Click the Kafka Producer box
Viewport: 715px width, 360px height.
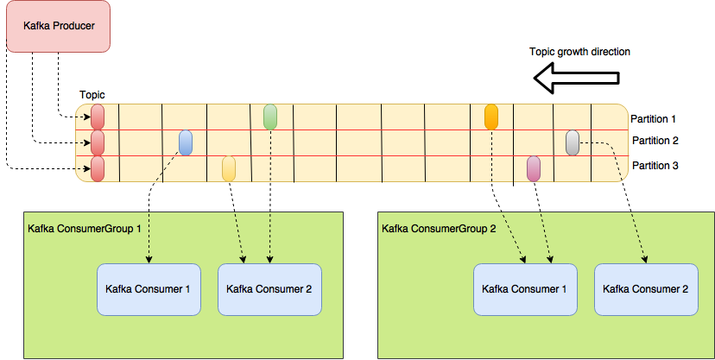tap(58, 26)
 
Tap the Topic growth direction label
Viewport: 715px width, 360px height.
tap(579, 52)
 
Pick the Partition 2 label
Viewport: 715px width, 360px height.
tap(655, 141)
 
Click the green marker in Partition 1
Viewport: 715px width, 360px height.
tap(270, 117)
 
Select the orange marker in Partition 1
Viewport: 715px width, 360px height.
tap(491, 117)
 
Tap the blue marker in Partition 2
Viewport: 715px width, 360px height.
tap(186, 142)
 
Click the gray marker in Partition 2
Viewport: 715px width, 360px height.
tap(572, 142)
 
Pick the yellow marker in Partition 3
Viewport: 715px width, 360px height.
tap(229, 168)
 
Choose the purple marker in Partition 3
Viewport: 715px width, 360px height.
tap(534, 168)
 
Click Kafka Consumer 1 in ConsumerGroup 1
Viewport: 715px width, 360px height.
tap(149, 289)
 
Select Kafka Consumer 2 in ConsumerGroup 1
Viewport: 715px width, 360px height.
tap(269, 289)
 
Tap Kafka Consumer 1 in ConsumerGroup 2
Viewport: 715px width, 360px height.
tap(525, 289)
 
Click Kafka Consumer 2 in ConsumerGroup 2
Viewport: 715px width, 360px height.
tap(646, 289)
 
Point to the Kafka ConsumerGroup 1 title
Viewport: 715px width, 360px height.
tap(85, 229)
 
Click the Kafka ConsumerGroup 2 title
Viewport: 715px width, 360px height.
tap(438, 229)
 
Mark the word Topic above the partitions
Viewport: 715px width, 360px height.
tap(92, 95)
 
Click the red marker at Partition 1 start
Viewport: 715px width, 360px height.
tap(97, 117)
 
